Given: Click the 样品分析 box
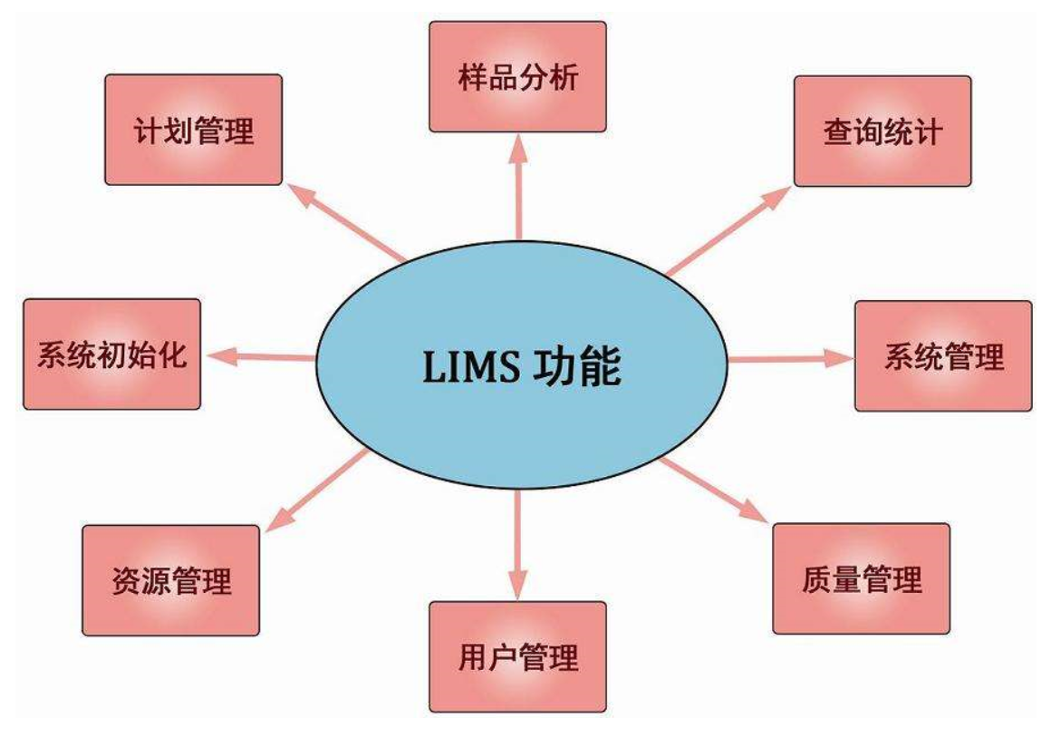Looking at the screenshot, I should coord(517,77).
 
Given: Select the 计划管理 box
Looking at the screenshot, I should coord(193,130).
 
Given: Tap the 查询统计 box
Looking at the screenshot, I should coord(882,131).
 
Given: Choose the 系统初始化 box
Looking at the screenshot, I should coord(111,354).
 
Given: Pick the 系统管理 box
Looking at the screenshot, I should coord(943,356).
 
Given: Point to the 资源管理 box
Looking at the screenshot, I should coord(170,579).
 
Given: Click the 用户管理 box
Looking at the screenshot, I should coord(517,656).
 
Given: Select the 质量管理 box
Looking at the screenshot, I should coord(861,578).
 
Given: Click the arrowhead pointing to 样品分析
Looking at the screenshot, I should coord(517,148).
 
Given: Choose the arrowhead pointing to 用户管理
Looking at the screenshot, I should coord(517,585).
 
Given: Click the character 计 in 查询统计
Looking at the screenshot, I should coord(929,132).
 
